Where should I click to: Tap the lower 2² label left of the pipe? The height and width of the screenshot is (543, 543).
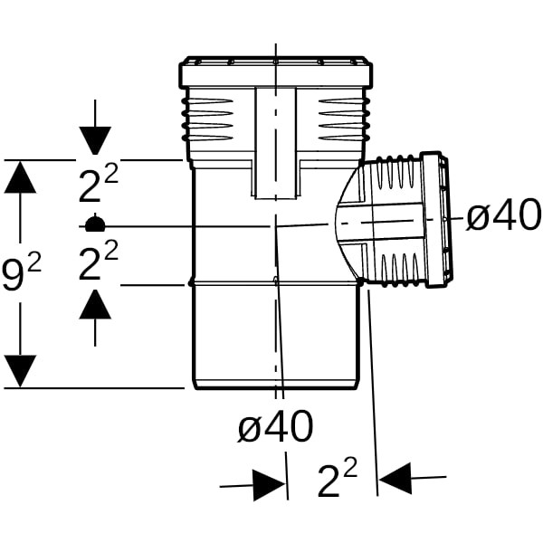(x=98, y=264)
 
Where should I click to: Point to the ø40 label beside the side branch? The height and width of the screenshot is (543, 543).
(x=502, y=215)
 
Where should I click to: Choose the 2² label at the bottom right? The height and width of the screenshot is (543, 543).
(x=337, y=480)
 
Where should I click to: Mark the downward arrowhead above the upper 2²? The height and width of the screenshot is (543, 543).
(x=95, y=140)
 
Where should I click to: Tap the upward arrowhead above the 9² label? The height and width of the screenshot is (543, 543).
(x=21, y=178)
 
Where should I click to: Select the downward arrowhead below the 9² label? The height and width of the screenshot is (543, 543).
(x=21, y=369)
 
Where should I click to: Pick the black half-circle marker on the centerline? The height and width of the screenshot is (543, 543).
(x=95, y=221)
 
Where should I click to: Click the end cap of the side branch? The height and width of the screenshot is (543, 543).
(x=443, y=220)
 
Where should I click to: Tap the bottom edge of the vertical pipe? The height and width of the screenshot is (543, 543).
(x=276, y=387)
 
